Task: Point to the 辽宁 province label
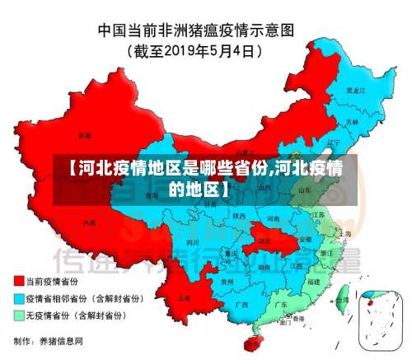[x=333, y=142]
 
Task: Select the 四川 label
[x=193, y=243]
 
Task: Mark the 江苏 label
[x=319, y=215]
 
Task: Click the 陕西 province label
[x=240, y=216]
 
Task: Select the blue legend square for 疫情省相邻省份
[x=18, y=297]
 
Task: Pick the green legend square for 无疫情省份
[x=18, y=315]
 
